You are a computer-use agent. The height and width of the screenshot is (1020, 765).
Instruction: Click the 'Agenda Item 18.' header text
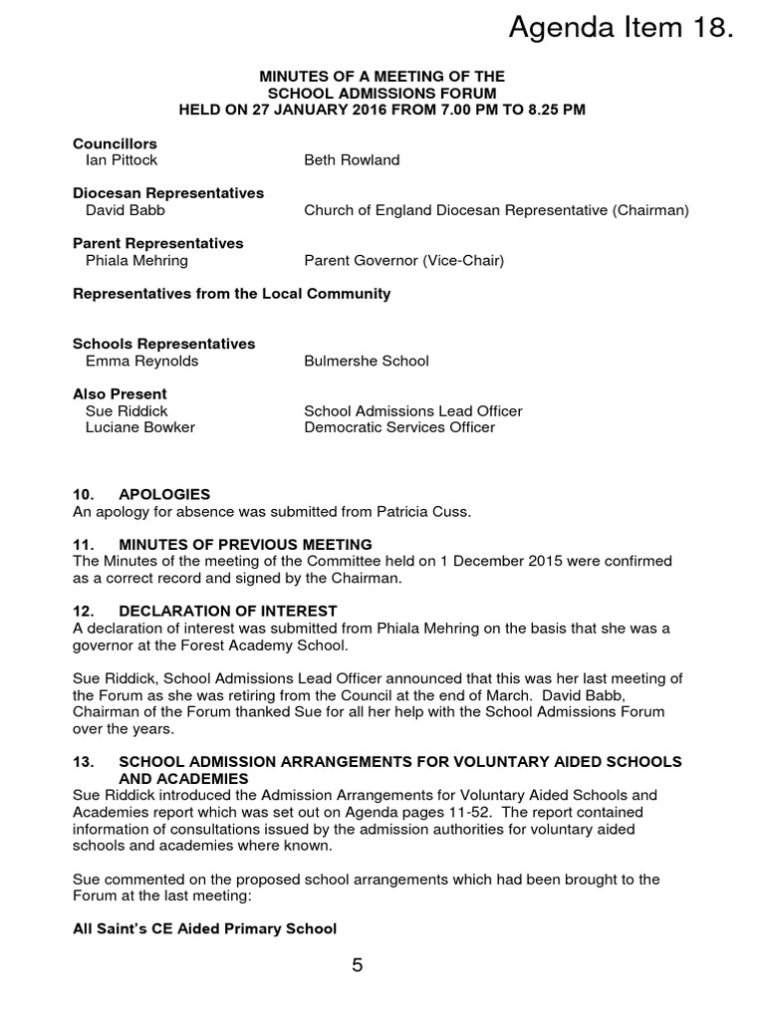pos(621,30)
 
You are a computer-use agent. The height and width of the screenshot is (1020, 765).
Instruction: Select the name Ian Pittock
pos(122,160)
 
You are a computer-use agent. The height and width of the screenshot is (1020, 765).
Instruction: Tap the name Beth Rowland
pos(352,160)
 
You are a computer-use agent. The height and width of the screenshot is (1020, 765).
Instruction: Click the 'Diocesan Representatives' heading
pos(168,193)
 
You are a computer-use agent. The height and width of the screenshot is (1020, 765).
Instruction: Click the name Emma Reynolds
pos(142,361)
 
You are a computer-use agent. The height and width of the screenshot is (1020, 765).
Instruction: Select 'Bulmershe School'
pos(366,361)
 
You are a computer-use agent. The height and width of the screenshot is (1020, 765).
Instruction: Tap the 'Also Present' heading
pos(120,393)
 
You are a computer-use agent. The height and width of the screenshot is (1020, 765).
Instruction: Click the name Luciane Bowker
pos(140,427)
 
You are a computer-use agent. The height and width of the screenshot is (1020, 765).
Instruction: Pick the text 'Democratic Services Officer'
pos(398,427)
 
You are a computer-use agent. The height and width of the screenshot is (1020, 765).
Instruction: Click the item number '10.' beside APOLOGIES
pos(85,494)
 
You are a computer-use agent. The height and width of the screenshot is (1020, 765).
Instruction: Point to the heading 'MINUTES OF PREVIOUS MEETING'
pos(245,544)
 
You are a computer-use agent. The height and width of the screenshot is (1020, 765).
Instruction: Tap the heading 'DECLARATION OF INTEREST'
pos(227,611)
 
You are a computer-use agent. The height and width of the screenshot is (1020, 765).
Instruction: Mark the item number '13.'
pos(85,761)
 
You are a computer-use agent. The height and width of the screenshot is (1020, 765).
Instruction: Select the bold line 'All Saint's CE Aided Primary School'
pos(204,928)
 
